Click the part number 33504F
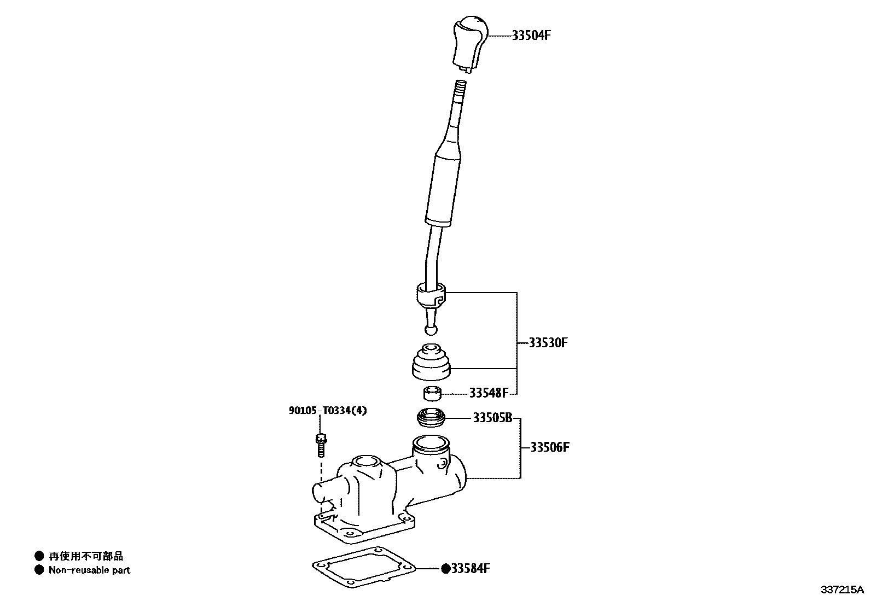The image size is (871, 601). pyautogui.click(x=531, y=36)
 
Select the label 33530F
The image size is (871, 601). pyautogui.click(x=548, y=343)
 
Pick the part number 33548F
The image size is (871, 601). pyautogui.click(x=489, y=393)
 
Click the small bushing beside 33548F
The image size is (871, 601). pyautogui.click(x=432, y=393)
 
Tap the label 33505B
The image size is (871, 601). pyautogui.click(x=492, y=418)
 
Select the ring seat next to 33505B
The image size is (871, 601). pyautogui.click(x=431, y=419)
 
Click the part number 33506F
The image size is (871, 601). pyautogui.click(x=550, y=447)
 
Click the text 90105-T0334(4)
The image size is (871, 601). pyautogui.click(x=328, y=410)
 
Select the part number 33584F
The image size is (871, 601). pyautogui.click(x=469, y=569)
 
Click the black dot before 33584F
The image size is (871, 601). pyautogui.click(x=445, y=569)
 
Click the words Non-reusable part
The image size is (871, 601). pyautogui.click(x=90, y=570)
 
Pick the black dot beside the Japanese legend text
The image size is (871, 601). pyautogui.click(x=39, y=557)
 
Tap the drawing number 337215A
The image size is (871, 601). pyautogui.click(x=841, y=590)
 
